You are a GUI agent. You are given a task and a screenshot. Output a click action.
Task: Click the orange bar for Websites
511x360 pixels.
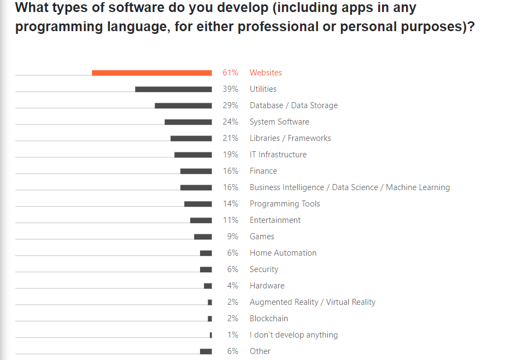tap(152, 73)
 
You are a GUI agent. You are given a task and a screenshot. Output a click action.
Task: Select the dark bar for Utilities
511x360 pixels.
tap(173, 89)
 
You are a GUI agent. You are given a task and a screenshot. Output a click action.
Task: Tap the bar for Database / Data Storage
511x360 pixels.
tap(183, 105)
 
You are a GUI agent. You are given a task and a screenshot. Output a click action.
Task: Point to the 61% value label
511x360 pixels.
tap(230, 73)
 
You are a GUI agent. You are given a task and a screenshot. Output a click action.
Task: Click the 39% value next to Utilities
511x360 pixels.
tap(230, 89)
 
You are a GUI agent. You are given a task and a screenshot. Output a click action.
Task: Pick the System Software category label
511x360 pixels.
tap(279, 122)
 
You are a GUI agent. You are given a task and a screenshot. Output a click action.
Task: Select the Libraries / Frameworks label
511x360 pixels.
tap(290, 138)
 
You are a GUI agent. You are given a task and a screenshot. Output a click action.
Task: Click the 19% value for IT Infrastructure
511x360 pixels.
tap(230, 155)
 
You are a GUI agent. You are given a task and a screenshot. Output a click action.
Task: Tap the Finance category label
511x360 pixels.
tap(263, 171)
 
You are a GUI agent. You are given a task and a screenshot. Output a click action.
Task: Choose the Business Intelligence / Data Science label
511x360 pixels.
tap(350, 187)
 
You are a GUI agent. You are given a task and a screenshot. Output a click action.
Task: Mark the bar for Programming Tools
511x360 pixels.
tap(198, 204)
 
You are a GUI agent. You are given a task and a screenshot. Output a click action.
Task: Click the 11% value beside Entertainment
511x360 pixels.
tap(230, 220)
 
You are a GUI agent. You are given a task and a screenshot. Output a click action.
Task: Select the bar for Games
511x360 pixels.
tap(203, 237)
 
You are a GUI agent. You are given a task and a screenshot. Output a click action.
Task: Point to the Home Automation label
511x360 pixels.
tap(283, 253)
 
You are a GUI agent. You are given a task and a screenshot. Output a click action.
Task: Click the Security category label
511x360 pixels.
tap(264, 269)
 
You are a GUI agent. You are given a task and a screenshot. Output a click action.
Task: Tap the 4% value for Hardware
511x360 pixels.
tap(233, 286)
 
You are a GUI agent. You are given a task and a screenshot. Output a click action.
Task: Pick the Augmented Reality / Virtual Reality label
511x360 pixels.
tap(313, 302)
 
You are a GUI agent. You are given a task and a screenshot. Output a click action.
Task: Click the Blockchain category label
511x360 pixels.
tap(269, 318)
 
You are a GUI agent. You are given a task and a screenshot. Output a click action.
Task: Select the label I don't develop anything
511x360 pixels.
tap(293, 335)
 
